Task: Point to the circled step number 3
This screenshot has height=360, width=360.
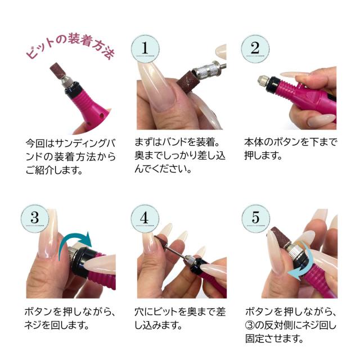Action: pyautogui.click(x=34, y=218)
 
